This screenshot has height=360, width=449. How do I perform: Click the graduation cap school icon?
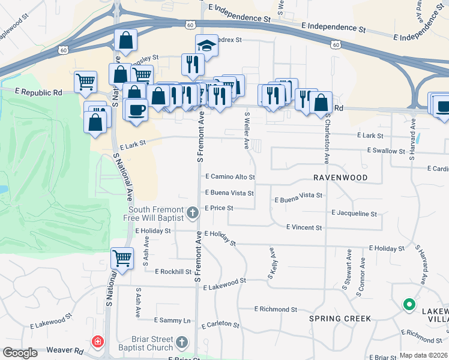click(x=206, y=46)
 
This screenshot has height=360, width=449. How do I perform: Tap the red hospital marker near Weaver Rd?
click(x=97, y=343)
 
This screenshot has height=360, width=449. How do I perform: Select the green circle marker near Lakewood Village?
click(x=409, y=305)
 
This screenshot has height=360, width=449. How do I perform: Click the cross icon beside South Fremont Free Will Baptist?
click(x=193, y=212)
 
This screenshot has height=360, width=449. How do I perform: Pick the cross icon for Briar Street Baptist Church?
click(x=183, y=343)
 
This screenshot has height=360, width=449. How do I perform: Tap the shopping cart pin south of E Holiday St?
click(x=122, y=259)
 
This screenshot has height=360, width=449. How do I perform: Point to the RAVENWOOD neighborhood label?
click(x=339, y=178)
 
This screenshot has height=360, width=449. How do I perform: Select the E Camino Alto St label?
click(x=231, y=178)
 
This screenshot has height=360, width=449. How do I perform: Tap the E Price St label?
click(x=218, y=208)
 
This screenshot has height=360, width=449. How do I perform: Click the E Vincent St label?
click(x=304, y=227)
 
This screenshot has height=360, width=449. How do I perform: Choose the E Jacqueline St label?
click(x=354, y=213)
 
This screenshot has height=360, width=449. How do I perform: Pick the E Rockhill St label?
click(x=173, y=272)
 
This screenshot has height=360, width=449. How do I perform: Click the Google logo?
click(x=20, y=353)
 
